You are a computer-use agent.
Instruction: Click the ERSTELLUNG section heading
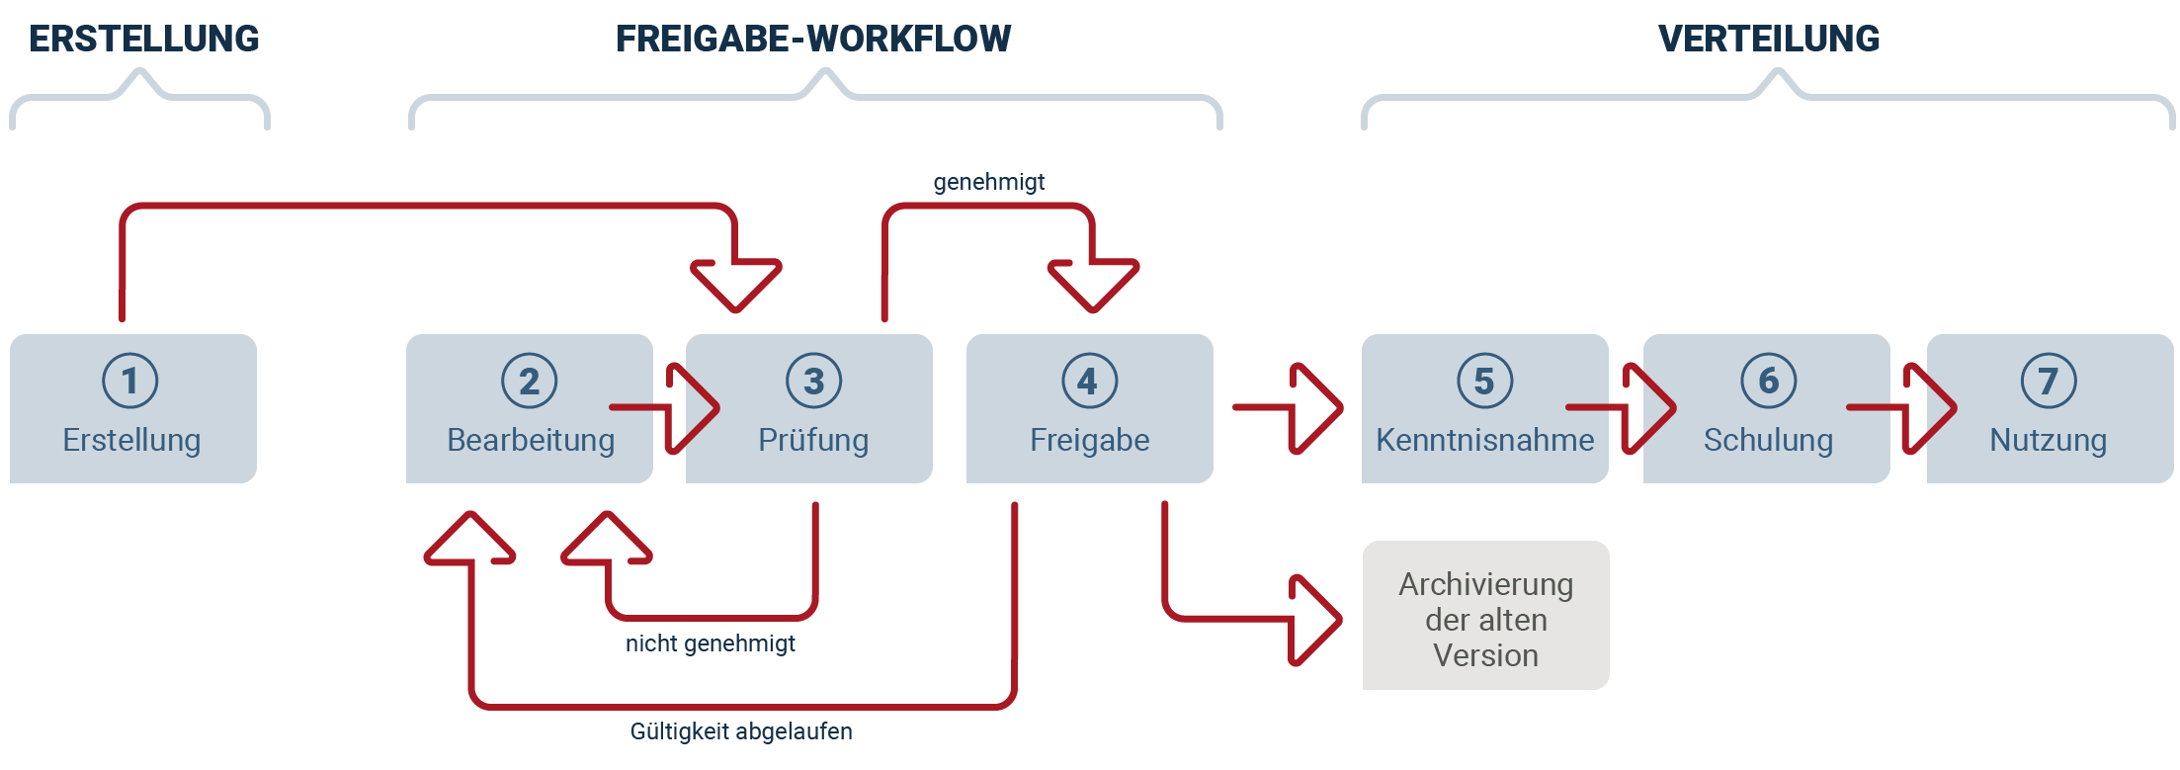(x=144, y=39)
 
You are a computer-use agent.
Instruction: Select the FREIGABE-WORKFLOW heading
(x=813, y=39)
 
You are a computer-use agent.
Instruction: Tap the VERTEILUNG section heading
(x=1769, y=39)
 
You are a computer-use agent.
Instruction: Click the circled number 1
(x=130, y=381)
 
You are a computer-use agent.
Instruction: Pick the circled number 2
(x=530, y=381)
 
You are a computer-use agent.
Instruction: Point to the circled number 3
(x=814, y=381)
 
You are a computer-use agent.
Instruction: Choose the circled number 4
(x=1089, y=381)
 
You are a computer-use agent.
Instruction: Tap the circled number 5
(x=1485, y=381)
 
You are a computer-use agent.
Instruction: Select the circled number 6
(x=1769, y=381)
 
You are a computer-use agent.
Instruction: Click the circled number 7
(x=2049, y=381)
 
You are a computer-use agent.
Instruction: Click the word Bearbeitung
(x=531, y=440)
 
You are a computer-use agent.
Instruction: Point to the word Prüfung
(x=813, y=440)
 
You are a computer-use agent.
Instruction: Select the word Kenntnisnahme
(x=1485, y=440)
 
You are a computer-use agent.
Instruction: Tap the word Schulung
(x=1768, y=440)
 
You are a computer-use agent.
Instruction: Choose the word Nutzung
(x=2049, y=440)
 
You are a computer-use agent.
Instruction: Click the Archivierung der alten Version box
(x=1486, y=616)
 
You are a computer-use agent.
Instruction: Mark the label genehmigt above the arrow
(x=988, y=182)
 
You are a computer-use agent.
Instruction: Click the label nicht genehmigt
(x=711, y=643)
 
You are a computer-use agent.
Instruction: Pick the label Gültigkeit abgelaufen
(x=741, y=731)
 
